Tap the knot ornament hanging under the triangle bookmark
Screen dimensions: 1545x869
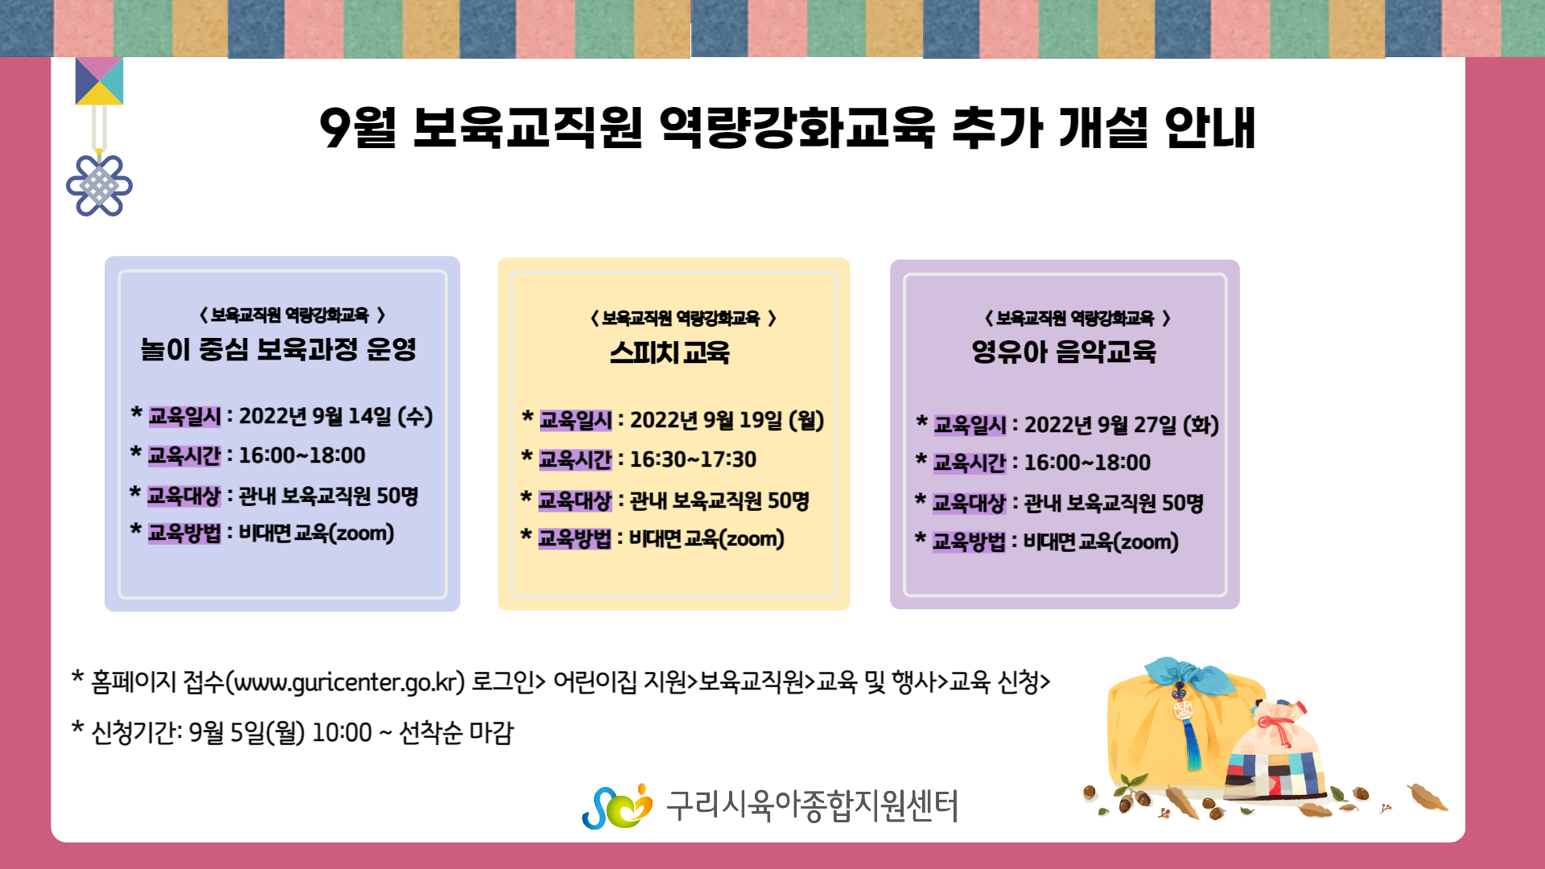[x=99, y=185]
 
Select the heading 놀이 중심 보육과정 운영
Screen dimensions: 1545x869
[x=278, y=349]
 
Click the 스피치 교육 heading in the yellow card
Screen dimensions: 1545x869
[x=669, y=352]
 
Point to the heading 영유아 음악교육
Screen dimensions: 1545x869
[x=1064, y=352]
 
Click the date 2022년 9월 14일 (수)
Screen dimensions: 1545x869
[x=336, y=416]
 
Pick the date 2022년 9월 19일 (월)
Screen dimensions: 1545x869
[x=727, y=420]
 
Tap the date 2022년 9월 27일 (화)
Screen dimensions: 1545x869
[x=1121, y=424]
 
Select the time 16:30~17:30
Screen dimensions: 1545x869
[x=693, y=459]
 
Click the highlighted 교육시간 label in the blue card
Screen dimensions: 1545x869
[x=184, y=455]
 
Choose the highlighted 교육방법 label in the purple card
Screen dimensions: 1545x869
[x=969, y=542]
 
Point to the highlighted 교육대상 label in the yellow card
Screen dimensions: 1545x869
[x=575, y=500]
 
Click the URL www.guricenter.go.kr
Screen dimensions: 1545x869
[x=345, y=682]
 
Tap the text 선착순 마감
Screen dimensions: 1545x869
[x=456, y=733]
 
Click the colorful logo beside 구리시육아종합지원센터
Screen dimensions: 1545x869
[x=617, y=806]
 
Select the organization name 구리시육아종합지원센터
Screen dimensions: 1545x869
[x=813, y=805]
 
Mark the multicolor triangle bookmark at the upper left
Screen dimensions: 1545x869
[x=99, y=81]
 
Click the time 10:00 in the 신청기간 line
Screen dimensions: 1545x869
[x=342, y=733]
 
